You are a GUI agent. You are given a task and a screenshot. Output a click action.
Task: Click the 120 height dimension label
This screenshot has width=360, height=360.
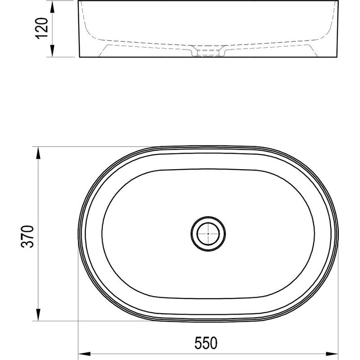click(42, 29)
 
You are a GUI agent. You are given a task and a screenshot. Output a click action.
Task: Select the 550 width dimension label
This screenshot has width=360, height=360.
click(207, 343)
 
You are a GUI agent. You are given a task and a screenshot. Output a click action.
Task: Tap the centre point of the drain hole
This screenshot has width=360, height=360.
click(208, 234)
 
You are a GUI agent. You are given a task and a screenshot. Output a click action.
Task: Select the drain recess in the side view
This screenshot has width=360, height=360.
click(208, 53)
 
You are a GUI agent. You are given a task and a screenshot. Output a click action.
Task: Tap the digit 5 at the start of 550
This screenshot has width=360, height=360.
click(198, 343)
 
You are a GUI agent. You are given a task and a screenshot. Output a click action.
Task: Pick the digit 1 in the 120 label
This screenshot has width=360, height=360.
click(42, 37)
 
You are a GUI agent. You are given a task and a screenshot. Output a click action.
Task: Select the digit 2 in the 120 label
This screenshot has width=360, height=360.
click(42, 29)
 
